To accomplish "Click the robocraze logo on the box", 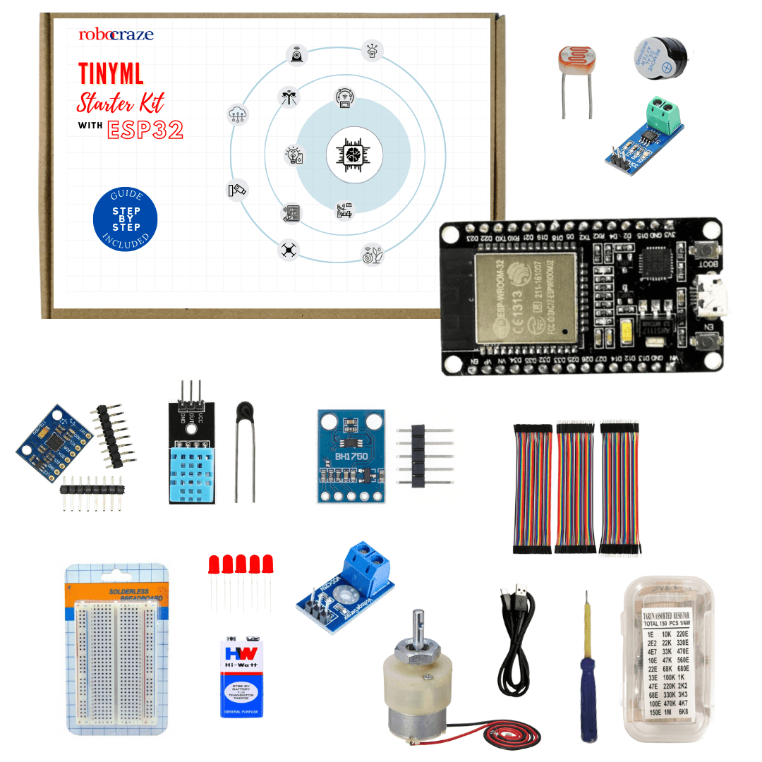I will point(116,34).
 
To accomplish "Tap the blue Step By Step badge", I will point(126,219).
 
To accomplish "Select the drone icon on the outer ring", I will point(287,249).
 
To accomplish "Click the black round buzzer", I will point(659,55).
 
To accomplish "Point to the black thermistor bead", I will point(244,410).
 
